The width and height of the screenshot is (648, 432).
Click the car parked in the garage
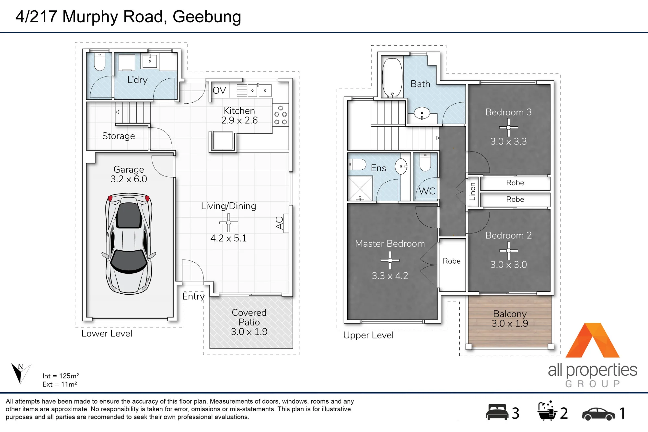(x=129, y=244)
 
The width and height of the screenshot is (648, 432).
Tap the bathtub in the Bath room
(x=392, y=78)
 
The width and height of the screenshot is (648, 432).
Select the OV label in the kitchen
(x=219, y=90)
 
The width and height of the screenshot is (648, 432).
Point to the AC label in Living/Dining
(x=279, y=223)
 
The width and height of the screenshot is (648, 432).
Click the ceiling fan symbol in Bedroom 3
(x=508, y=128)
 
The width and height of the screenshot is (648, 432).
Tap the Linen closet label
(x=472, y=191)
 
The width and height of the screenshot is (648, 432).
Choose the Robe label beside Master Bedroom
(x=452, y=261)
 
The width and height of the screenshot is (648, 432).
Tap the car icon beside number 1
(x=598, y=414)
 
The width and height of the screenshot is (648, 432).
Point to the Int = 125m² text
(x=61, y=376)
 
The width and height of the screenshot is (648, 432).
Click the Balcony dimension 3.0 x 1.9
(x=510, y=323)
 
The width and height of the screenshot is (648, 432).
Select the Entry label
(x=193, y=296)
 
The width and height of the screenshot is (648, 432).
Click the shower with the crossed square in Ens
(x=360, y=188)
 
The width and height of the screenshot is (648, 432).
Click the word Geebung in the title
(x=207, y=17)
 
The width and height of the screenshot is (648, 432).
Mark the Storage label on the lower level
(x=118, y=136)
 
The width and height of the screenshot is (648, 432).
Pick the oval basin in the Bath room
(x=422, y=113)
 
